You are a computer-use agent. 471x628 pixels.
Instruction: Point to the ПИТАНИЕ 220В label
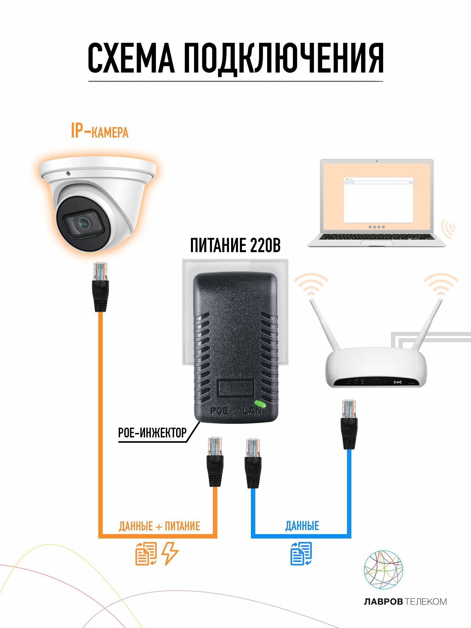[x=235, y=245]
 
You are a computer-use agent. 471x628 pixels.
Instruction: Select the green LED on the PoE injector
[x=260, y=404]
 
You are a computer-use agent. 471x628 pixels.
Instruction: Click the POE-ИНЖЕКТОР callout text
[x=152, y=433]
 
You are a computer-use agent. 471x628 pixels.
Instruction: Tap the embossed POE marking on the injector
[x=219, y=411]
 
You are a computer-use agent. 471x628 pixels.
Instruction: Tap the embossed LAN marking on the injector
[x=252, y=411]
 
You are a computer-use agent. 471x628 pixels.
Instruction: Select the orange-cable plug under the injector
[x=215, y=462]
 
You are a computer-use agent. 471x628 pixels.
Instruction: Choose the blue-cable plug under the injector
[x=253, y=463]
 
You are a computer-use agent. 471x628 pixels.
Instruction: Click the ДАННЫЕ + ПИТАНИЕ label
[x=159, y=526]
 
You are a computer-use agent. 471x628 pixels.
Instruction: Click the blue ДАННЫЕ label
[x=302, y=526]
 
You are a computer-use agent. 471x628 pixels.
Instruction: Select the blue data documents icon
[x=301, y=553]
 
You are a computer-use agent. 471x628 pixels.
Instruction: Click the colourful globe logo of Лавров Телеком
[x=383, y=569]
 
